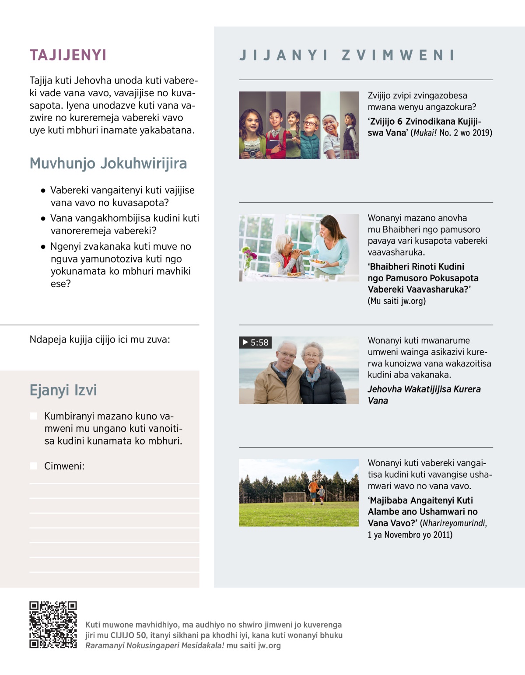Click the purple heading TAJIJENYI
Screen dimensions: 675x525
68,55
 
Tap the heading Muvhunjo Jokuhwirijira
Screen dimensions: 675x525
108,163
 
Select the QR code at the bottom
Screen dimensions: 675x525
53,625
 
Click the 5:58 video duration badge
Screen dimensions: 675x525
255,343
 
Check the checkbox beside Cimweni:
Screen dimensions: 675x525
33,466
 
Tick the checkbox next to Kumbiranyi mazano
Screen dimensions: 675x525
33,416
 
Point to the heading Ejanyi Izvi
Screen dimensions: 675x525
63,390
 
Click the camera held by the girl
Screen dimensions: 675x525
251,152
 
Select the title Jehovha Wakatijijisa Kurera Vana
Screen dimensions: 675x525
424,395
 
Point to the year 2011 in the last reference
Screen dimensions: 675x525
442,535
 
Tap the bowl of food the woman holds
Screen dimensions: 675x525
318,262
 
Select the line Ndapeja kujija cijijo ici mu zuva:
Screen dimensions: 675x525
100,339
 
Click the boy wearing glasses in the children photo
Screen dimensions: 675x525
311,124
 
